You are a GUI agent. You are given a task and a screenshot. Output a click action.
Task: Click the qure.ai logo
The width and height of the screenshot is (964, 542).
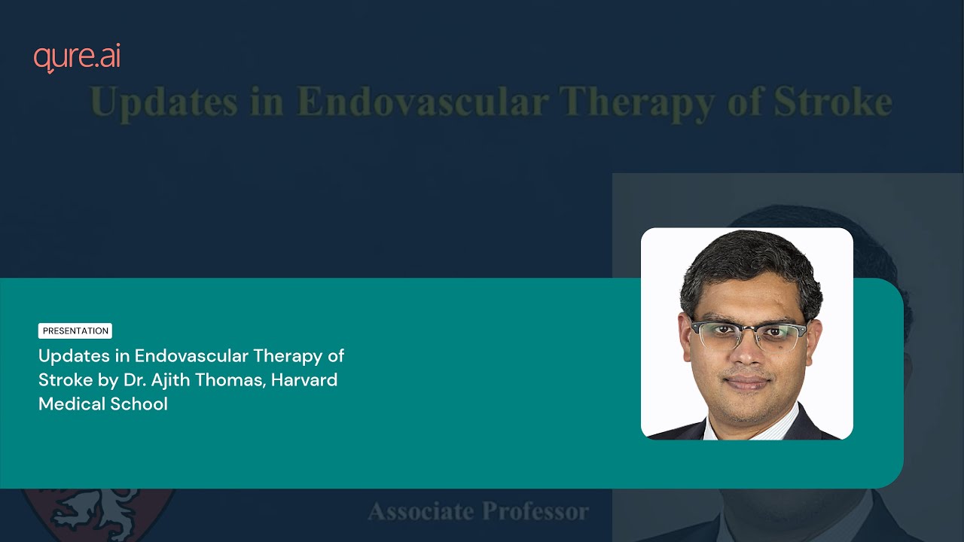coord(77,59)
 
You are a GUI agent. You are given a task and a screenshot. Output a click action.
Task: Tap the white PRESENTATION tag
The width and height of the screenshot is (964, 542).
coord(75,330)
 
